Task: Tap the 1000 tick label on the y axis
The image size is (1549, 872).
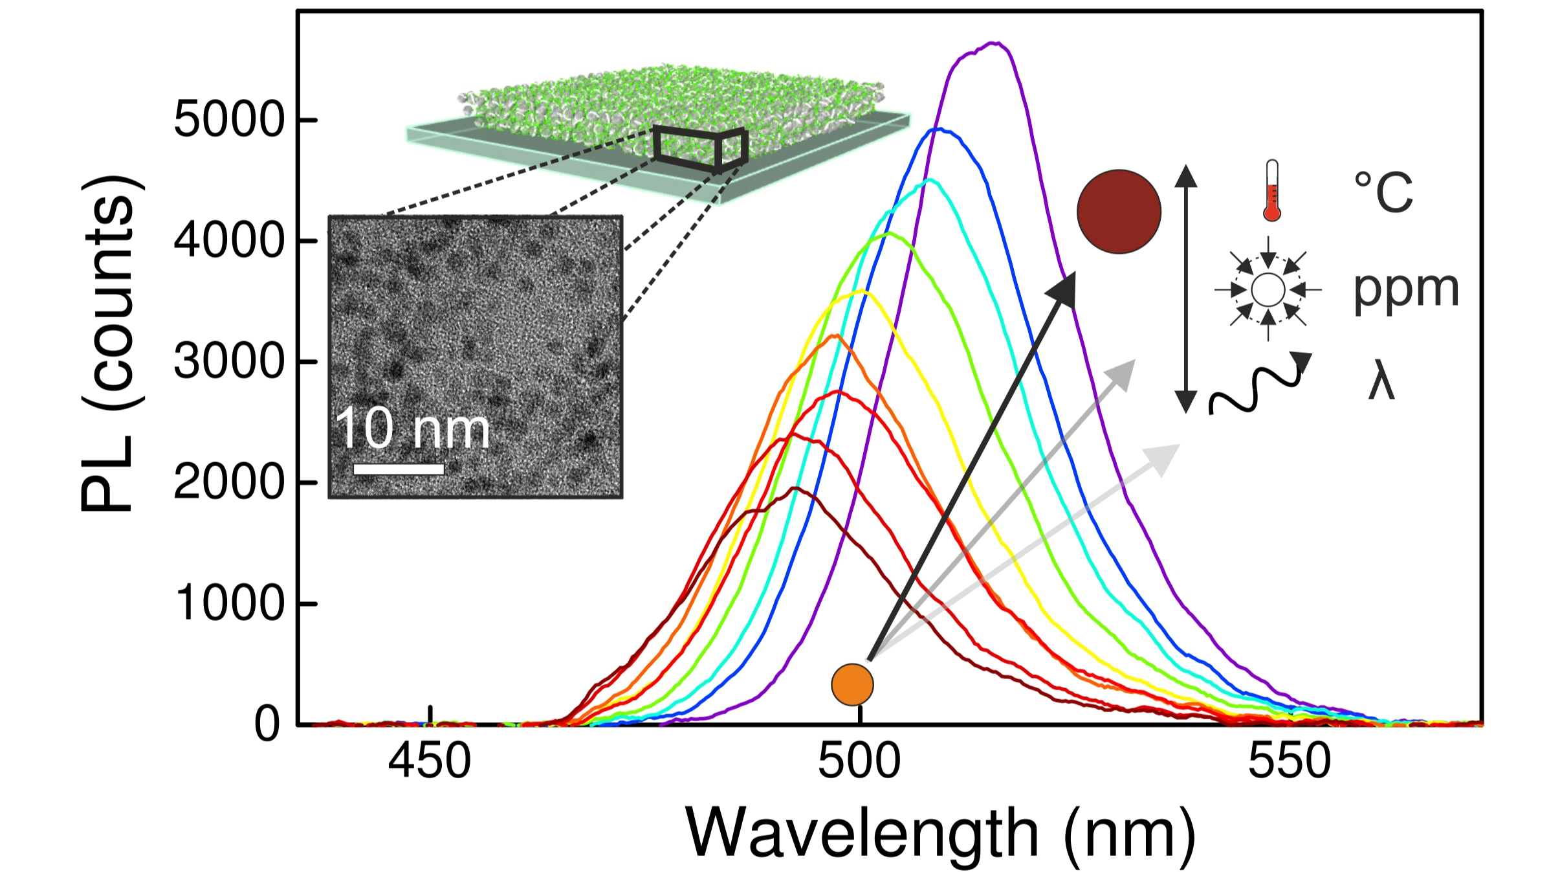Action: pos(229,603)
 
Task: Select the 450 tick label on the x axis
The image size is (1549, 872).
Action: pos(430,761)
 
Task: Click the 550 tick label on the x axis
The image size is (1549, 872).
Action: pos(1290,761)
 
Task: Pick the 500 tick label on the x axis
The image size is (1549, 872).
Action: pos(859,761)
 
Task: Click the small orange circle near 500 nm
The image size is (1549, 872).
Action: pos(852,685)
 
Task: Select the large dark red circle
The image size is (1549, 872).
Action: pos(1119,212)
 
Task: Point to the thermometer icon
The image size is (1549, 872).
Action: pos(1272,190)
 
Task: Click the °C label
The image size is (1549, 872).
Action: pos(1383,192)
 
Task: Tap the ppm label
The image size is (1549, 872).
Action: pos(1406,289)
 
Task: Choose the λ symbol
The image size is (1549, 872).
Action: pos(1381,383)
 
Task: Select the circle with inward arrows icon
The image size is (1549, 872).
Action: pos(1268,289)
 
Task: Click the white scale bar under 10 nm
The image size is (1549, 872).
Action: pos(399,469)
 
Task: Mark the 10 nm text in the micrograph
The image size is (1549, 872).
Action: pos(412,429)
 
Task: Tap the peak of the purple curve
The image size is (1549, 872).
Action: pos(996,43)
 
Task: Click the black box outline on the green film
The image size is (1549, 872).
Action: pos(701,149)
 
